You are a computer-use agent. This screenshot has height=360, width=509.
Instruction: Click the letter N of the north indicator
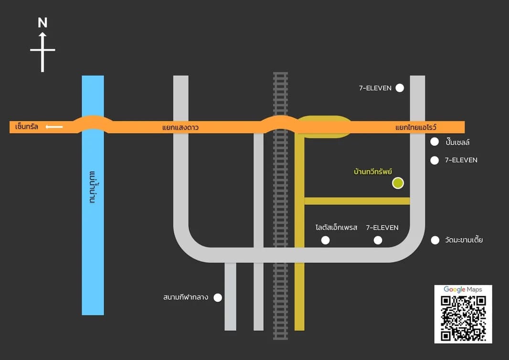(42, 23)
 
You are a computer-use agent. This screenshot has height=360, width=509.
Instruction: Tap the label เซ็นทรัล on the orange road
(27, 126)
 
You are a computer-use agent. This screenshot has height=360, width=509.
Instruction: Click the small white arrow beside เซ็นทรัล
(54, 127)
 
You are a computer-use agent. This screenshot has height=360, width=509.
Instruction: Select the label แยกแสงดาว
(180, 127)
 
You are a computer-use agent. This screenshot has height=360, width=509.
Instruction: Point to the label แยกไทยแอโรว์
(416, 127)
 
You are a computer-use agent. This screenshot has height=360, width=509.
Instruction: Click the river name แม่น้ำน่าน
(94, 187)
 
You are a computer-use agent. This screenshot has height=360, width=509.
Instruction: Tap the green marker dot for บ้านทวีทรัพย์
(398, 183)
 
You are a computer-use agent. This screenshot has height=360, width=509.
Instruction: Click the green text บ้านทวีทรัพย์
(373, 171)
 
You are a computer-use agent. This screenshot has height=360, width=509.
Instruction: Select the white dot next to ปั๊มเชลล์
(435, 142)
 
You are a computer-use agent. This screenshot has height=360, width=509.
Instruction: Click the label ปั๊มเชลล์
(458, 142)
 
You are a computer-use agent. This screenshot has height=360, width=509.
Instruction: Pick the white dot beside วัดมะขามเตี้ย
(435, 240)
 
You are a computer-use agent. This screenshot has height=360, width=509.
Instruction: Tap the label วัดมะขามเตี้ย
(464, 240)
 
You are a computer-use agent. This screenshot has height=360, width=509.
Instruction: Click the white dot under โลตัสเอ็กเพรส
(325, 240)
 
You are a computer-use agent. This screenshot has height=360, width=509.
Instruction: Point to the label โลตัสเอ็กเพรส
(336, 228)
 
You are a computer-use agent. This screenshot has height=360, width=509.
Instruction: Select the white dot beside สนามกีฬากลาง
(218, 297)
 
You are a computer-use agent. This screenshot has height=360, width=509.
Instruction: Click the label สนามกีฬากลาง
(186, 297)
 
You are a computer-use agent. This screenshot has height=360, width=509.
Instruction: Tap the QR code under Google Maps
(463, 318)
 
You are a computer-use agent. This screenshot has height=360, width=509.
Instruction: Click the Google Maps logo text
(463, 289)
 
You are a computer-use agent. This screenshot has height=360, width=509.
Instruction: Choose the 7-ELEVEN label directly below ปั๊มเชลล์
(461, 160)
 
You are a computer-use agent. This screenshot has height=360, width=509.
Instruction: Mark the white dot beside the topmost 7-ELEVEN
(400, 88)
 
